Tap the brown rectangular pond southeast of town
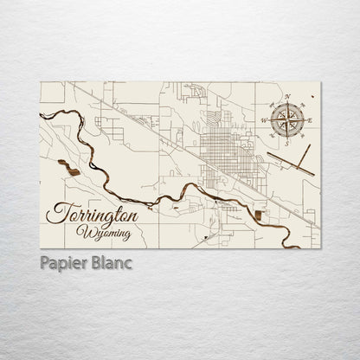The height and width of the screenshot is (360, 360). pos(260,213)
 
